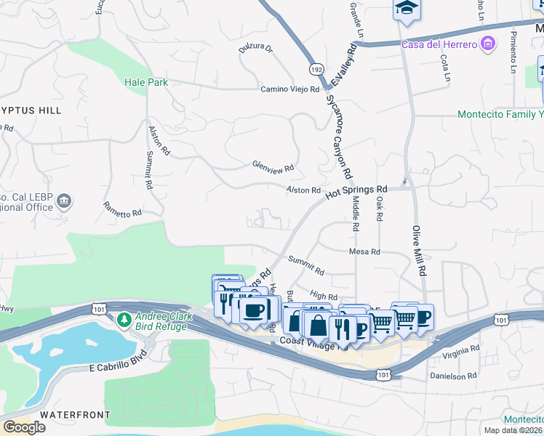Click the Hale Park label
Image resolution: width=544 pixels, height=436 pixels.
(x=145, y=83)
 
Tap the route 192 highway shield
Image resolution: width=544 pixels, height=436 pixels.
(x=316, y=69)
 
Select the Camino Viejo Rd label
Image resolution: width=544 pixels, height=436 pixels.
(x=290, y=89)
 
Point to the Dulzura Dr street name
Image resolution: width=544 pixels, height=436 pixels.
(x=255, y=49)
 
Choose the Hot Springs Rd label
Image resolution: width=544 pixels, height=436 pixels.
(x=356, y=192)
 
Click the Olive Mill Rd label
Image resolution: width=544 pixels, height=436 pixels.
(x=419, y=250)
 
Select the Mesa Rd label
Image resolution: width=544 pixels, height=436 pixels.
(x=364, y=252)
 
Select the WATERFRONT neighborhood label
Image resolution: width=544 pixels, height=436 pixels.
(x=75, y=415)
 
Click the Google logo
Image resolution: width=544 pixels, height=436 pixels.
(x=24, y=427)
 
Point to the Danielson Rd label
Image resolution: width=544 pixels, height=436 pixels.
(x=452, y=376)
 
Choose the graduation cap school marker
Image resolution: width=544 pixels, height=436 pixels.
(x=407, y=9)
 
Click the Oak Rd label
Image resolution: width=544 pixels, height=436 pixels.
(x=380, y=211)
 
